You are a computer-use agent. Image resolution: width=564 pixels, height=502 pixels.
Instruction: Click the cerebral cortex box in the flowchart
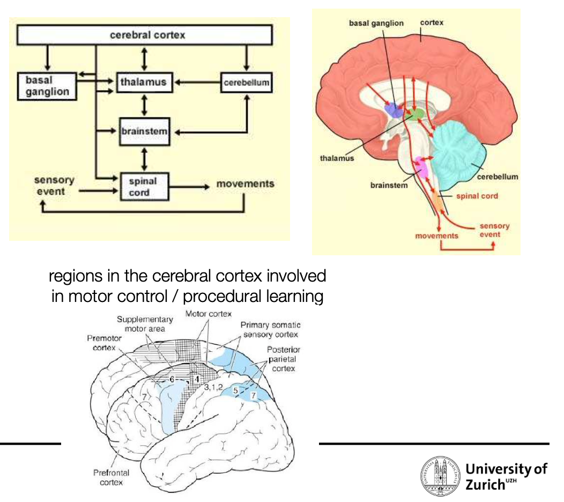(x=145, y=35)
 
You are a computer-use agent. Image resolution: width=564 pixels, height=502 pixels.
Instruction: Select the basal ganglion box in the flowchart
(x=47, y=86)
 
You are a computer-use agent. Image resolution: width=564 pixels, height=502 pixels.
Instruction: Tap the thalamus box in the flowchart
(x=145, y=83)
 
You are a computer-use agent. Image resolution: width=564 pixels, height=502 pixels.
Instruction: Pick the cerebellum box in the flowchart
(x=247, y=83)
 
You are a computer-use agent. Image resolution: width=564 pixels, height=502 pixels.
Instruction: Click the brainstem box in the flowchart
(x=145, y=131)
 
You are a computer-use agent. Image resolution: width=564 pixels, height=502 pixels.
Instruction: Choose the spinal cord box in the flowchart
(x=145, y=187)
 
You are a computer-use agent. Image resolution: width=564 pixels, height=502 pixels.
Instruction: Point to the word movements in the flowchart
(x=246, y=184)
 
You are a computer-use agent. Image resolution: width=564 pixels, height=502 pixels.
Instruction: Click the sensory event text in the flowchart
(x=54, y=186)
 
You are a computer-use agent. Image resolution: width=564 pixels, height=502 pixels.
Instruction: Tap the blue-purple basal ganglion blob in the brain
(x=394, y=110)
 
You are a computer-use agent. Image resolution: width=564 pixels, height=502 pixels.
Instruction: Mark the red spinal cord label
(x=477, y=196)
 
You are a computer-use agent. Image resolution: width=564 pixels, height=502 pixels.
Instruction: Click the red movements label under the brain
(x=436, y=235)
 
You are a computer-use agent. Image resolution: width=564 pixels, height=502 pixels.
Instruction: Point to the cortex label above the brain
(x=432, y=23)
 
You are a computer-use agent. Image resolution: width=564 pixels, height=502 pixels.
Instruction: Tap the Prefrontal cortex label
(x=111, y=477)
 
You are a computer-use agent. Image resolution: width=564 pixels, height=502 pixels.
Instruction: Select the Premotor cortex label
(x=105, y=343)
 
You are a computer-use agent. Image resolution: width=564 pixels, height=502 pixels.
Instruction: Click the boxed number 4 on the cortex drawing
(x=197, y=379)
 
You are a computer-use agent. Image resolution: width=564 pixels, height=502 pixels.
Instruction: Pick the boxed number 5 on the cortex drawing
(x=235, y=390)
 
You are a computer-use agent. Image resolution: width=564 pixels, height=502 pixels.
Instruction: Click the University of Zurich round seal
(x=441, y=476)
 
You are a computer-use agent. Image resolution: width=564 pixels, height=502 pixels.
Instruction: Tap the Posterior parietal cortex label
(x=284, y=359)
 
